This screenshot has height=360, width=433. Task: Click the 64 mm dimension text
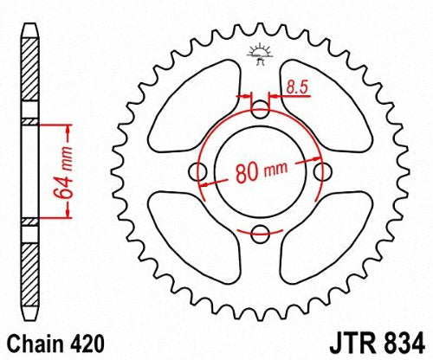[57, 173]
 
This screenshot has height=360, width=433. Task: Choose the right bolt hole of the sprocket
[323, 171]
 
